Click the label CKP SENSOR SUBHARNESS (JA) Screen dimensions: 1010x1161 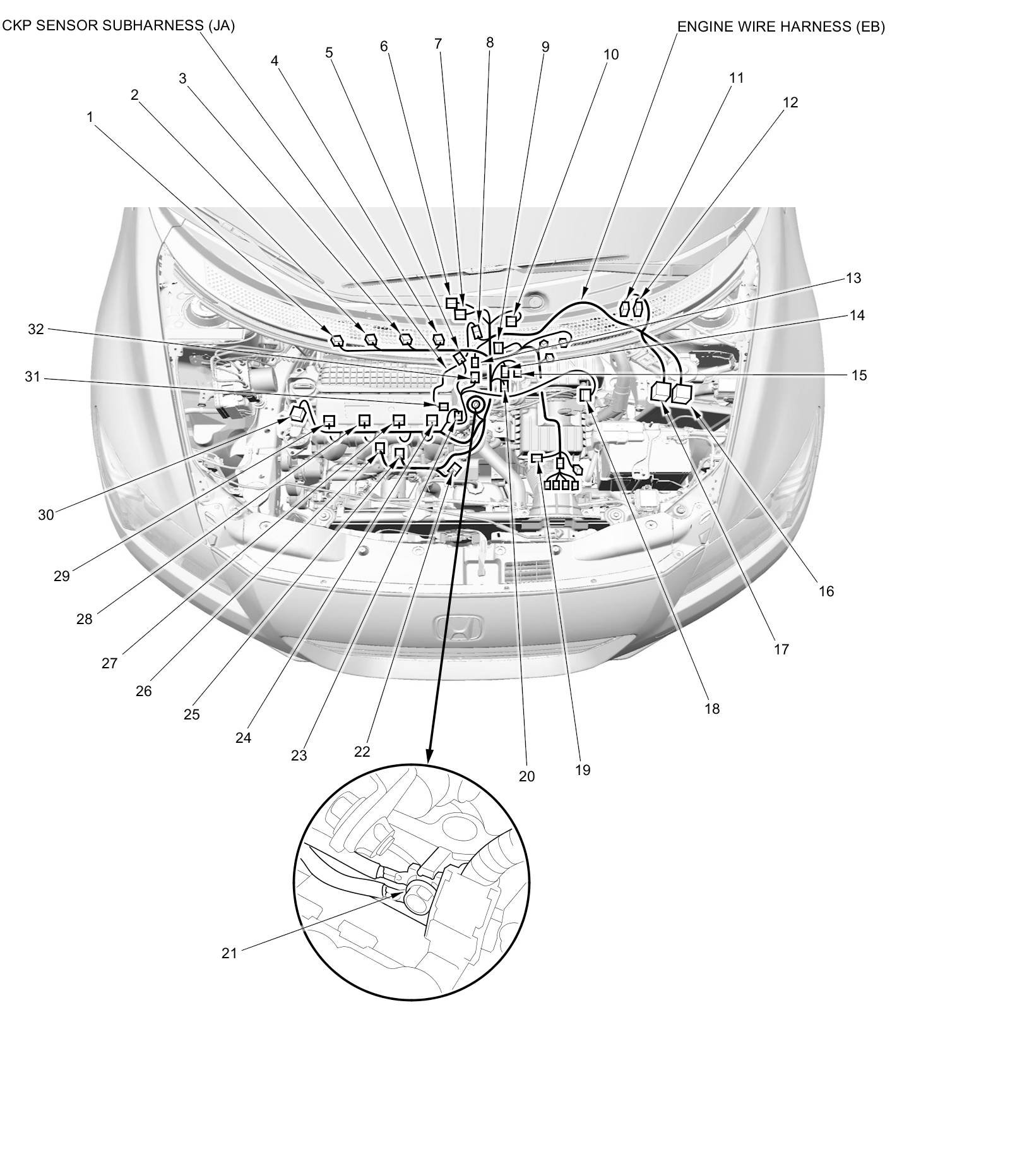119,26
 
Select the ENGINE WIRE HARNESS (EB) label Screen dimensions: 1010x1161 781,27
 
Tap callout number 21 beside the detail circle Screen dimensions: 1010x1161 229,953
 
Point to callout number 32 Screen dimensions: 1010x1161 36,329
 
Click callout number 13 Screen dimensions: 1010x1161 853,278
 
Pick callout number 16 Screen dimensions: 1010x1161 826,591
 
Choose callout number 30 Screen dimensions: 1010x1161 46,515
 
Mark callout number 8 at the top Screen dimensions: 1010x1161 490,42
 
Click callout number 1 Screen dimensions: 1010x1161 90,117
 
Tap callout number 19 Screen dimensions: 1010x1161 583,770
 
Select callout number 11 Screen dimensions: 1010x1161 737,78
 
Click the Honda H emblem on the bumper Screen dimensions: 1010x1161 458,627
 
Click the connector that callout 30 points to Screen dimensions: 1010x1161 297,414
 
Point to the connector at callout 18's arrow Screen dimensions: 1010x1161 585,394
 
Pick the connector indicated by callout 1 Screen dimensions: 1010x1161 336,340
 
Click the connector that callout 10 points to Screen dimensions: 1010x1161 511,322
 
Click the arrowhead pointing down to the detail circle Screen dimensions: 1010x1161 430,756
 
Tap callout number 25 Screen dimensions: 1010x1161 191,714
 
